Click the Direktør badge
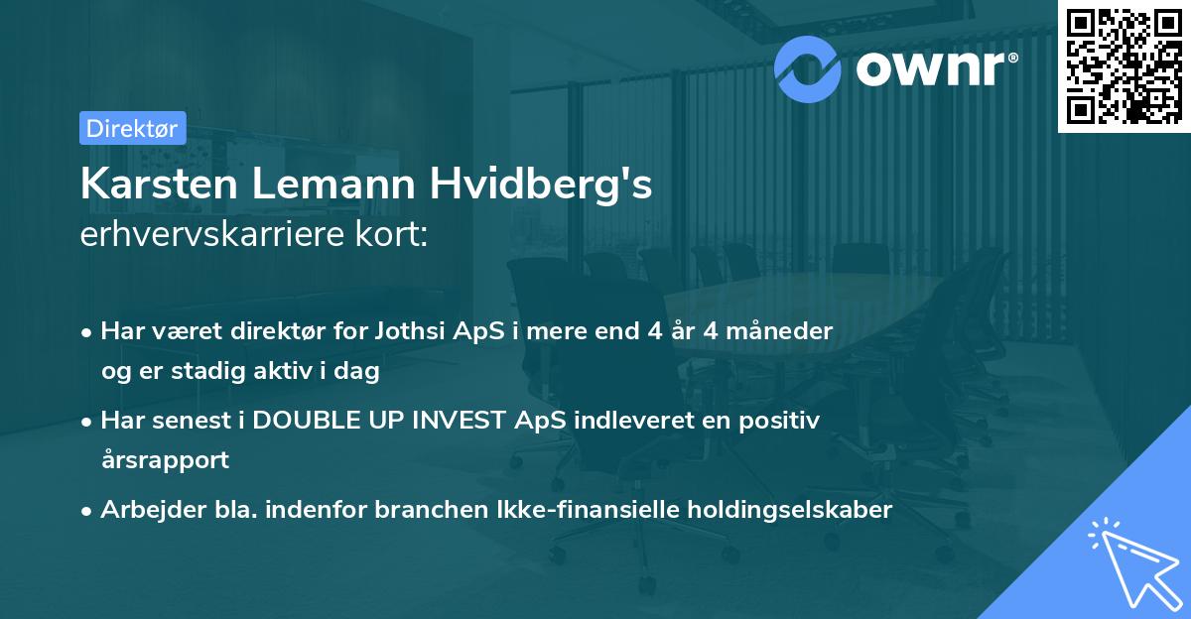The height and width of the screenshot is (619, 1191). [132, 128]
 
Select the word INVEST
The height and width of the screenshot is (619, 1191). [458, 420]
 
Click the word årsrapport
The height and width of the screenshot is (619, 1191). [165, 459]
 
